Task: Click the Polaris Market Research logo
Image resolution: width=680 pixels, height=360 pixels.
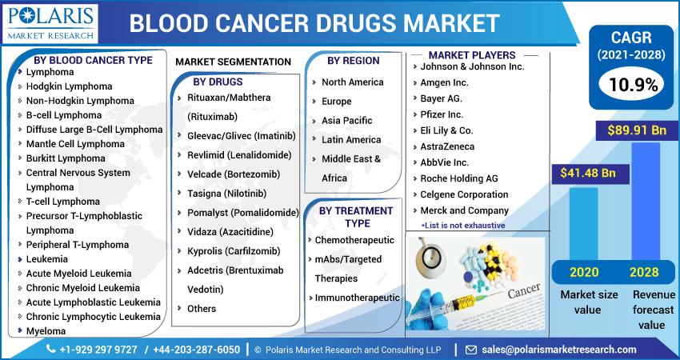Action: (x=50, y=24)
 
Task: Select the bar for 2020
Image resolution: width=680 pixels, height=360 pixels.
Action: (x=583, y=224)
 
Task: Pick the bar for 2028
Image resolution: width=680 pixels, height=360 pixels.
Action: (x=646, y=202)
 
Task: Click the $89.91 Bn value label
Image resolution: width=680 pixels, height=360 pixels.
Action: (x=637, y=130)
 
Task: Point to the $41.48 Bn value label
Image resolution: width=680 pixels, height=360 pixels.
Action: (x=588, y=173)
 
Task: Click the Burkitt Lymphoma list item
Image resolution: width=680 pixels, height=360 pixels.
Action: (x=66, y=158)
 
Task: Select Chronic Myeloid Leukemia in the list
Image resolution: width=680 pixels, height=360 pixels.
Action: (x=83, y=288)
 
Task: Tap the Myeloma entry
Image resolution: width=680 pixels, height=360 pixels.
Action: (x=46, y=331)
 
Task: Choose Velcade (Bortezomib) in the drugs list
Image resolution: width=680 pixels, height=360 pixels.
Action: (x=234, y=174)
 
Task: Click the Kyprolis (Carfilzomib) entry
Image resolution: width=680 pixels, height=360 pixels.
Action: (x=234, y=251)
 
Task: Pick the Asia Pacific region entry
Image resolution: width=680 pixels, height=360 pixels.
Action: (x=347, y=121)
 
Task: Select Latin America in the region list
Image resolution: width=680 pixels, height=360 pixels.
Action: (x=351, y=140)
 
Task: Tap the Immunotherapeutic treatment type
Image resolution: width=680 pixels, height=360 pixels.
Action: (x=358, y=298)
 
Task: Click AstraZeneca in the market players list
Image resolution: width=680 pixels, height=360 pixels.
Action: (x=447, y=146)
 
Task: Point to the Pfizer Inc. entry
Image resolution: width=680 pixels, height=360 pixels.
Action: (x=442, y=114)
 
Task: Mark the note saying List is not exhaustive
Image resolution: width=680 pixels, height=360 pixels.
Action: (x=463, y=225)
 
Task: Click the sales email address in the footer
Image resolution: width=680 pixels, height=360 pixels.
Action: (x=559, y=350)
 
